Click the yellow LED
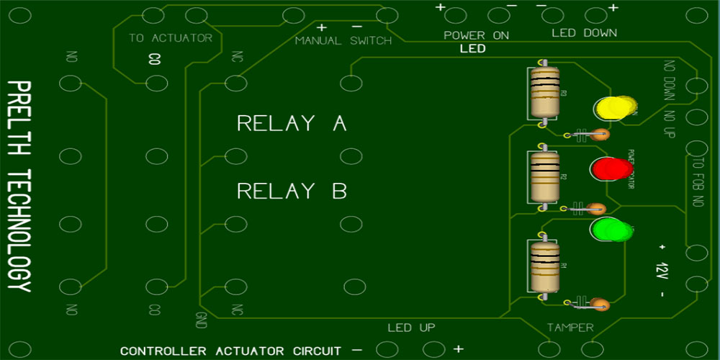pyautogui.click(x=613, y=108)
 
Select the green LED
pyautogui.click(x=609, y=230)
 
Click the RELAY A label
pyautogui.click(x=292, y=123)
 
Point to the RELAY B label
pyautogui.click(x=292, y=191)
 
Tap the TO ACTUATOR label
pyautogui.click(x=171, y=38)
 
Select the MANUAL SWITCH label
pyautogui.click(x=343, y=41)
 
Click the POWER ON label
pyautogui.click(x=476, y=35)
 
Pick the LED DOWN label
pyautogui.click(x=584, y=33)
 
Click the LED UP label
pyautogui.click(x=411, y=328)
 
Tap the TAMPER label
pyautogui.click(x=570, y=328)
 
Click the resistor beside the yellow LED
pyautogui.click(x=544, y=94)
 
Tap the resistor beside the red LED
pyautogui.click(x=544, y=177)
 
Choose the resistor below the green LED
pyautogui.click(x=544, y=266)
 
